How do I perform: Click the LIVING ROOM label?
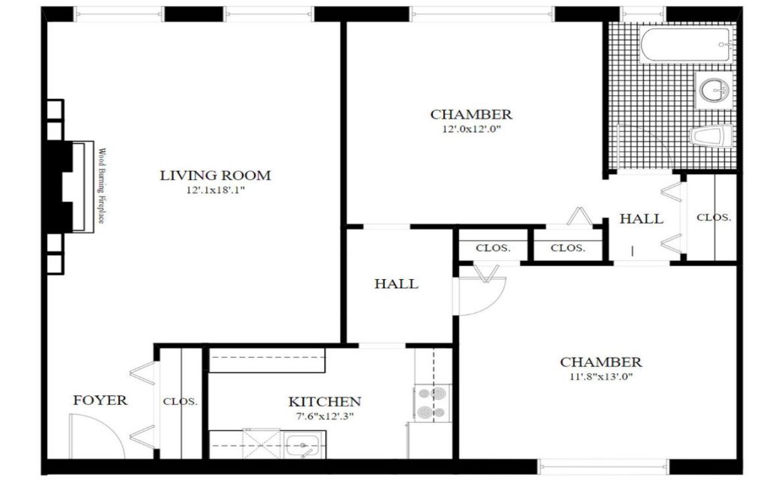click(x=215, y=175)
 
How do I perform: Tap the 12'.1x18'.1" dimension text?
click(x=215, y=190)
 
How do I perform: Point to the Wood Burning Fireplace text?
click(x=101, y=186)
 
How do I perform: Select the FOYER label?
click(x=100, y=400)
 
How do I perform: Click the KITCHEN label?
click(x=325, y=402)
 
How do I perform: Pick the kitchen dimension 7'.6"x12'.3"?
click(x=325, y=417)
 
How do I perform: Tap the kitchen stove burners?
click(x=432, y=403)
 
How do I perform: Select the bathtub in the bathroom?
click(x=686, y=44)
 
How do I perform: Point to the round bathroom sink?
click(x=714, y=90)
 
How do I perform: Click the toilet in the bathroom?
click(x=711, y=136)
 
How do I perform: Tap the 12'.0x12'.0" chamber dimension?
click(x=471, y=130)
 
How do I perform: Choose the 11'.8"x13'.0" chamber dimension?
click(x=601, y=377)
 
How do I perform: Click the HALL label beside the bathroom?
click(x=641, y=218)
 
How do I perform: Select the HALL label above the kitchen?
click(x=396, y=283)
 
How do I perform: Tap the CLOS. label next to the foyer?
click(x=181, y=402)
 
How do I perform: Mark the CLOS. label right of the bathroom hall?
click(x=714, y=217)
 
